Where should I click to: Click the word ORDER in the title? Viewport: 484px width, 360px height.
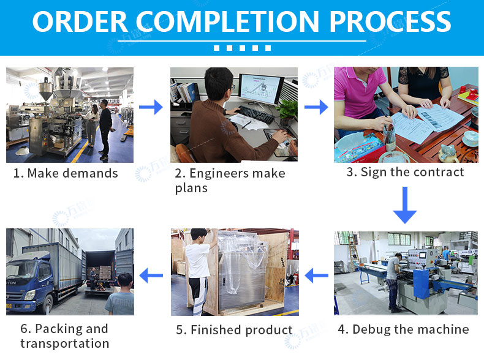[80, 21]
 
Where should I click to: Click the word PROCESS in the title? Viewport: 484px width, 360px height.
[390, 21]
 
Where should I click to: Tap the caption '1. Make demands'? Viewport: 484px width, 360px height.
[66, 173]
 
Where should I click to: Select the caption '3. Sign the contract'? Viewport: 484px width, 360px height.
[405, 172]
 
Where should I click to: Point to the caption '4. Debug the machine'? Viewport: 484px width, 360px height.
[404, 329]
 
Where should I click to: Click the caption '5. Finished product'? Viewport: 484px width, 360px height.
[234, 330]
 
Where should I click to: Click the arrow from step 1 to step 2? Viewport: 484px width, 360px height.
[151, 107]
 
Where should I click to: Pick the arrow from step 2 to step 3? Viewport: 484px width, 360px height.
[316, 107]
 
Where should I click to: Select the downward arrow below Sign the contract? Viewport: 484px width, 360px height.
[405, 205]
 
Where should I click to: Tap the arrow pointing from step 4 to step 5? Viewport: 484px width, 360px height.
[316, 276]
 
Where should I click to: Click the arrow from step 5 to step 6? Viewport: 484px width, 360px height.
[151, 276]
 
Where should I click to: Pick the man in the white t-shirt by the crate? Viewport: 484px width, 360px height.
[199, 271]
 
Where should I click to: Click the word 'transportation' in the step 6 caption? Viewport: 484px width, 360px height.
[65, 343]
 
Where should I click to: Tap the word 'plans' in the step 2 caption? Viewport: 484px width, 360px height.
[191, 188]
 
